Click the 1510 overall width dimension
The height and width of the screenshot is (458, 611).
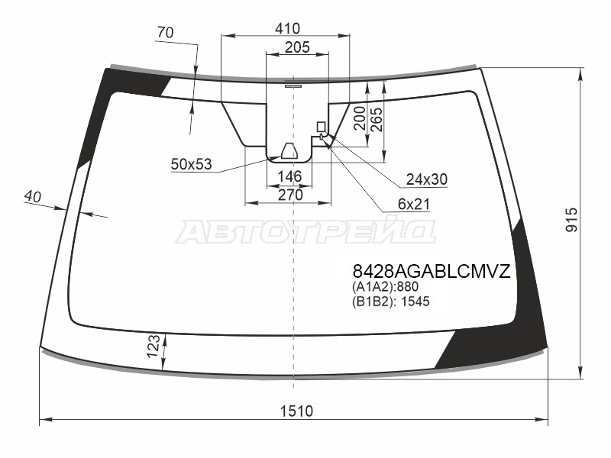pyautogui.click(x=296, y=411)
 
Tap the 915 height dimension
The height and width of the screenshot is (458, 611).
pyautogui.click(x=571, y=220)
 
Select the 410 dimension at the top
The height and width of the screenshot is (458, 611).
pyautogui.click(x=288, y=28)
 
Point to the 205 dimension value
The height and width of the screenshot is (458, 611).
pyautogui.click(x=297, y=47)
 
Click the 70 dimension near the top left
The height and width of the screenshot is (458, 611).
pyautogui.click(x=165, y=33)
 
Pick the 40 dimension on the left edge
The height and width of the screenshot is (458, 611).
pyautogui.click(x=32, y=196)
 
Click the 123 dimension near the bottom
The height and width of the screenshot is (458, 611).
pyautogui.click(x=154, y=346)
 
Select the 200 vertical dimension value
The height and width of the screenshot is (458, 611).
pyautogui.click(x=359, y=118)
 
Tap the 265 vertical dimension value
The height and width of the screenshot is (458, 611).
pyautogui.click(x=377, y=120)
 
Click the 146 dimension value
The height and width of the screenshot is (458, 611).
pyautogui.click(x=290, y=176)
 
